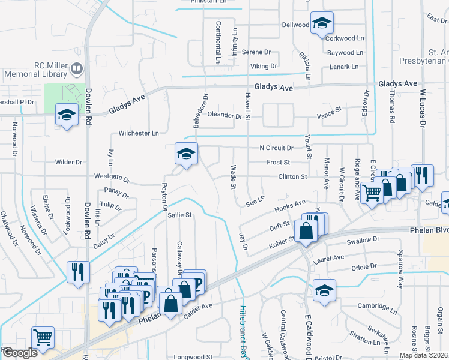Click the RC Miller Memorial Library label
click(35, 70)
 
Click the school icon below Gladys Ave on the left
click(67, 115)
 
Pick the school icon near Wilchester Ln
click(186, 154)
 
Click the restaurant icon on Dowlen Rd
click(79, 272)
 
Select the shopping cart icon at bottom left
click(43, 338)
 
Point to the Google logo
click(19, 353)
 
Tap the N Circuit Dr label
click(276, 148)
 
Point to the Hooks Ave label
click(290, 206)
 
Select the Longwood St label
click(193, 356)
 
